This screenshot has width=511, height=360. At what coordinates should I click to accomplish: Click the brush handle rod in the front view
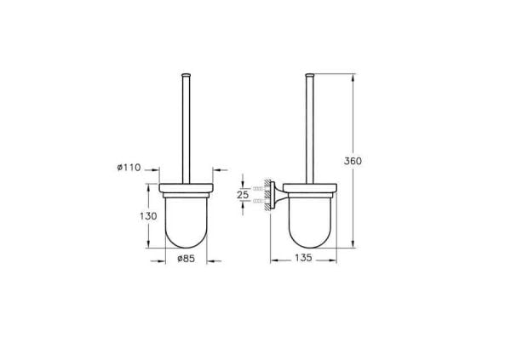click(x=186, y=128)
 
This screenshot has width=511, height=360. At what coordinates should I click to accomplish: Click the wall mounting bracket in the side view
click(x=274, y=195)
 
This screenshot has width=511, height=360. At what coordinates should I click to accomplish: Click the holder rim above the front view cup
click(x=186, y=187)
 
